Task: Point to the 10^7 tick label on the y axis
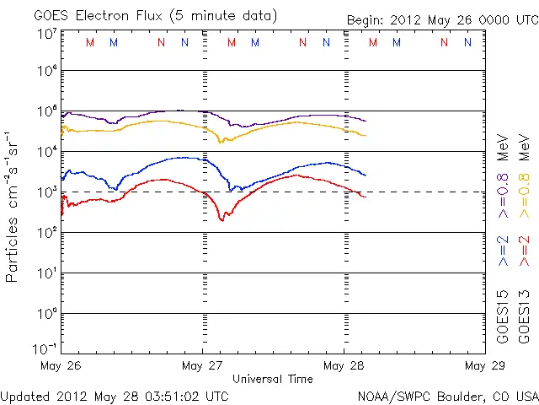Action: tap(46, 34)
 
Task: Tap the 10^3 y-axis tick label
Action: tap(46, 192)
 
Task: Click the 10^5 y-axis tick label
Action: tap(46, 111)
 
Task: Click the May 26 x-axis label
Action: tap(61, 366)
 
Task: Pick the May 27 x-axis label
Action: tap(202, 366)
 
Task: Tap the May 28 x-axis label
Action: tap(344, 366)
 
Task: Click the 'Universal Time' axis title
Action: tap(273, 379)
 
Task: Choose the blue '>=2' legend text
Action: tap(504, 251)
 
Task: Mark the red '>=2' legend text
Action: tap(525, 251)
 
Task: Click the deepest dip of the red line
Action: tap(223, 220)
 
